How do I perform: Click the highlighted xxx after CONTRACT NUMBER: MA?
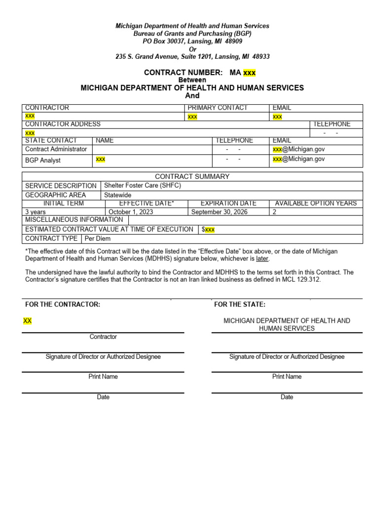(x=249, y=73)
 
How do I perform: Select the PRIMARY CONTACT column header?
(x=218, y=108)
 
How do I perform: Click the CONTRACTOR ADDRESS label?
(x=63, y=124)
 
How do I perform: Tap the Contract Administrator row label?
(x=56, y=149)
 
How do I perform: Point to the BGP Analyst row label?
(x=43, y=160)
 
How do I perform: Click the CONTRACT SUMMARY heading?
(x=192, y=176)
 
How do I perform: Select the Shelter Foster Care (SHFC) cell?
(x=143, y=185)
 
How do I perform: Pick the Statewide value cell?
(x=118, y=195)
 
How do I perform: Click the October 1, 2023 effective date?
(x=131, y=212)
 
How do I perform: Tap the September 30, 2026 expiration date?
(x=220, y=212)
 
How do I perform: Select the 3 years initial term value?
(x=36, y=212)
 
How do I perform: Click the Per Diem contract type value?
(x=98, y=239)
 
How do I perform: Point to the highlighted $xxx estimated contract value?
(x=208, y=229)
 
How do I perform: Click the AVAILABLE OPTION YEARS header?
(x=316, y=203)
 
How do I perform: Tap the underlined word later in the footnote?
(x=263, y=258)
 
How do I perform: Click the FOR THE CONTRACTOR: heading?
(x=63, y=304)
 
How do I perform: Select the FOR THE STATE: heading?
(x=240, y=304)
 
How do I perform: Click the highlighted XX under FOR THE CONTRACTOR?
(x=28, y=321)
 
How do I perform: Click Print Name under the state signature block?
(x=287, y=377)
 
